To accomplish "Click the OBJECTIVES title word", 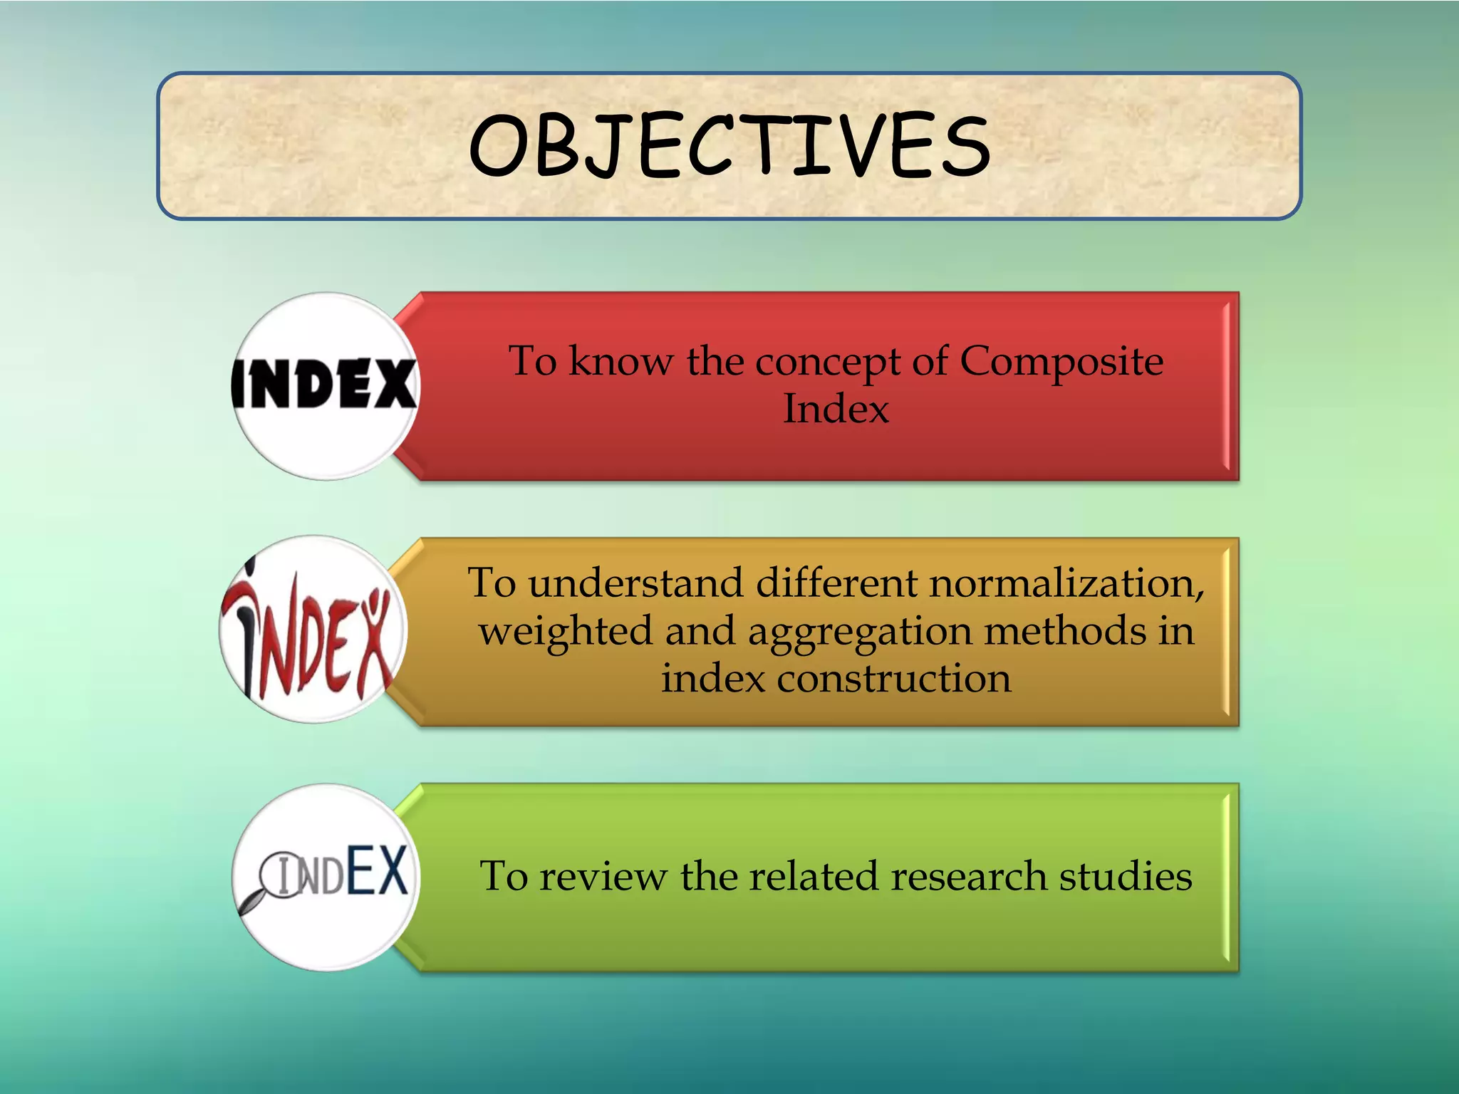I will tap(729, 146).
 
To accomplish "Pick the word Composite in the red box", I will tap(1061, 361).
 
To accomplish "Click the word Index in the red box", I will tap(836, 409).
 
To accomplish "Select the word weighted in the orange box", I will tap(566, 632).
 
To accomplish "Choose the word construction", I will tap(893, 679).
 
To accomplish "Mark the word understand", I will tap(635, 583).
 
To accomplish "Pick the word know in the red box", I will tap(621, 361).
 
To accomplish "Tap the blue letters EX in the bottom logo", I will tap(377, 870).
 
